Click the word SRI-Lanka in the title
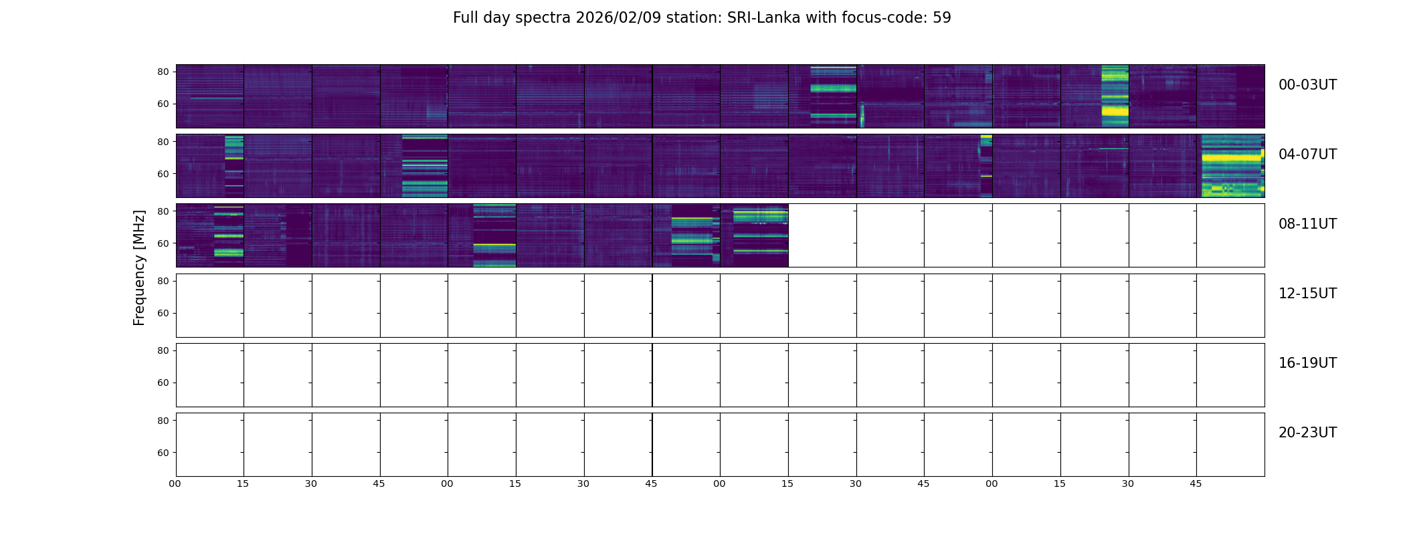click(763, 18)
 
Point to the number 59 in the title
click(941, 18)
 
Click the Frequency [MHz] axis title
click(139, 267)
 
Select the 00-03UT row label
click(1307, 85)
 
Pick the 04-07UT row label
click(1307, 154)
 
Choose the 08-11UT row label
click(1307, 224)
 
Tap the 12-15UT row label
click(1307, 294)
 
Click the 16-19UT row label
click(1307, 363)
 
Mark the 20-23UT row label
click(1307, 433)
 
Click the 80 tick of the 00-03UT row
click(163, 72)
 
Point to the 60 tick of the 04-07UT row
click(163, 174)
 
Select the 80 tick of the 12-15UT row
click(163, 282)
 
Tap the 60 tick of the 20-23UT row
click(163, 453)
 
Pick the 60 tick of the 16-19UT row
click(163, 383)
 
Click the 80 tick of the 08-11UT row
click(163, 211)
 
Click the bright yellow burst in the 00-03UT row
click(1115, 110)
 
